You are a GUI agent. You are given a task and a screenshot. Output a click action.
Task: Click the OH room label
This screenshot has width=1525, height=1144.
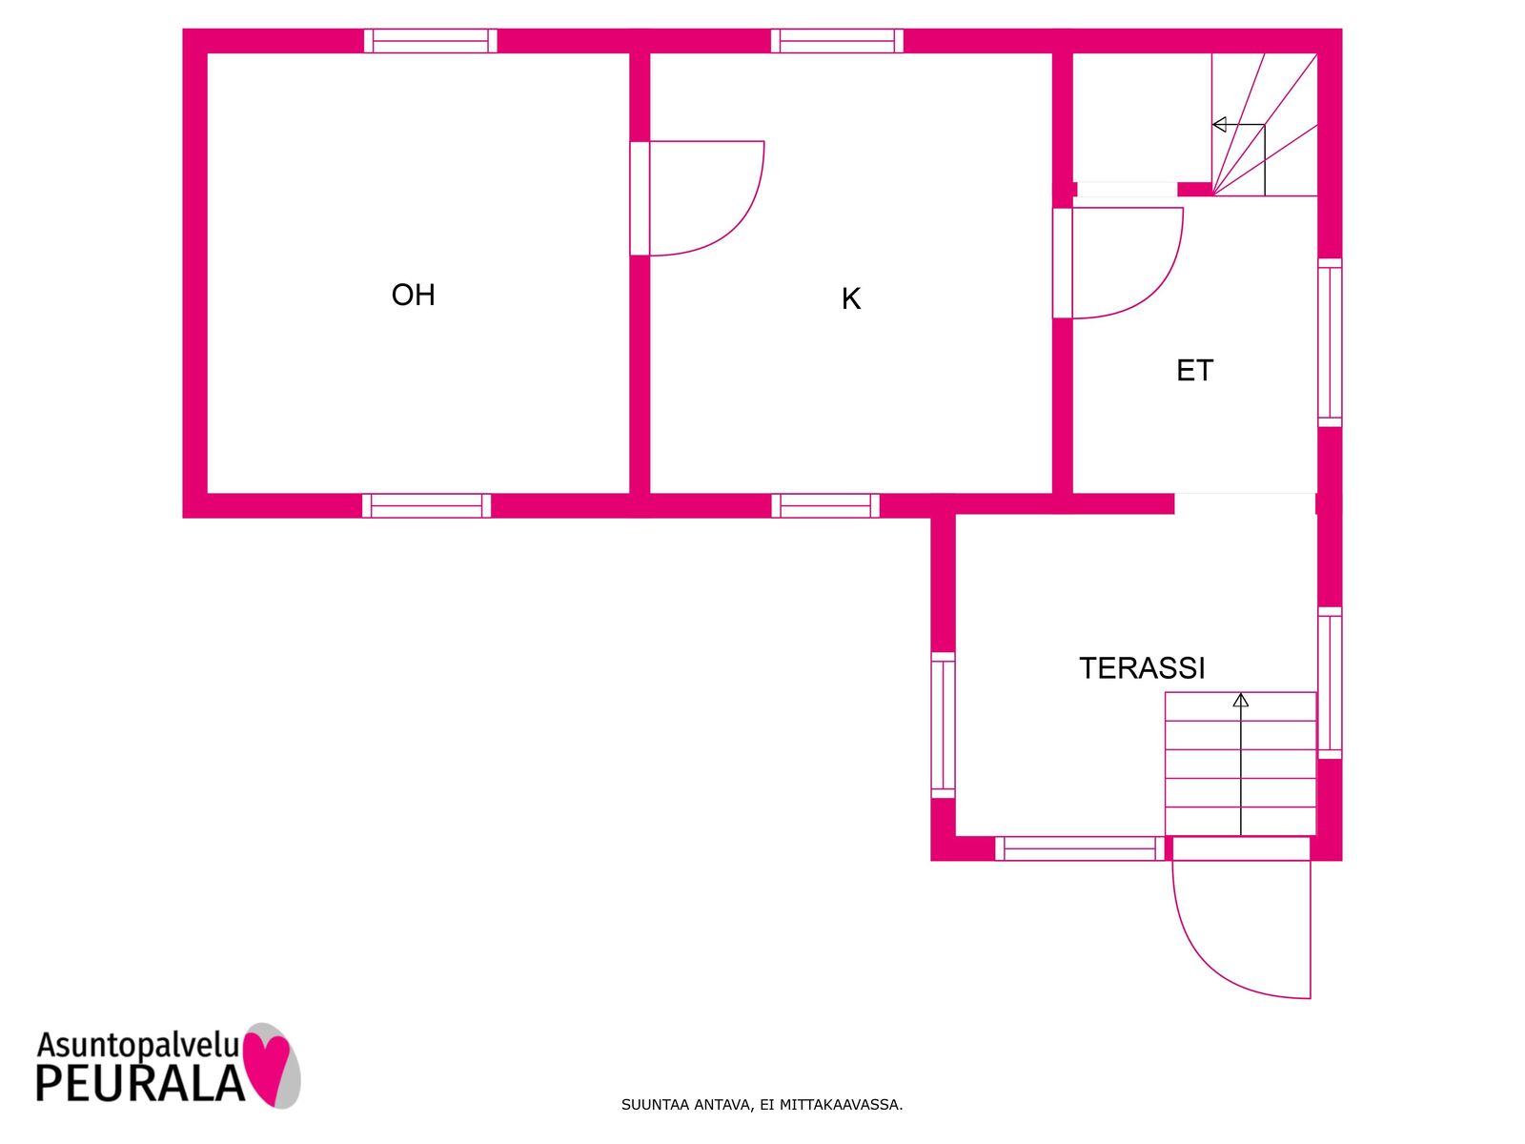413,295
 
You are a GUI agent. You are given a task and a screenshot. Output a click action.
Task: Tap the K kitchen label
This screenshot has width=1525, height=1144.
850,298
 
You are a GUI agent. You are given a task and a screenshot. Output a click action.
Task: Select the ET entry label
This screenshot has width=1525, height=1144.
1194,370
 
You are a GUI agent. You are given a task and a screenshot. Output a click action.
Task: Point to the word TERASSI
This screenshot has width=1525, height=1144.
1142,667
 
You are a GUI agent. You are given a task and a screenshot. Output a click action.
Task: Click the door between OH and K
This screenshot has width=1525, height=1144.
697,198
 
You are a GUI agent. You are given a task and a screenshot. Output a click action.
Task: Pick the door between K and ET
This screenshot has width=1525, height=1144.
1118,263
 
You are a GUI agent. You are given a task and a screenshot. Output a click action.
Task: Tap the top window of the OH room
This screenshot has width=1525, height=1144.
430,41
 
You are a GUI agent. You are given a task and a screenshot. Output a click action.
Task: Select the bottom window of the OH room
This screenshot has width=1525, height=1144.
427,505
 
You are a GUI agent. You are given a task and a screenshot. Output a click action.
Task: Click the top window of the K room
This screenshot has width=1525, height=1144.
837,41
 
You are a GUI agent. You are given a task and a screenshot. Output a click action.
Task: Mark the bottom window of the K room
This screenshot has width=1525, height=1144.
825,505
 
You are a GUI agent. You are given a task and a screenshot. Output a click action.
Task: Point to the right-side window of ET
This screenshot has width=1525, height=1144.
1330,342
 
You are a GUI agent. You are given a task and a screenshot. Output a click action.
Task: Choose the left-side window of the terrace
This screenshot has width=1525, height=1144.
943,725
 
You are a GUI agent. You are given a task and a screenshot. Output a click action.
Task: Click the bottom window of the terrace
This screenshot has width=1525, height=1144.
1080,848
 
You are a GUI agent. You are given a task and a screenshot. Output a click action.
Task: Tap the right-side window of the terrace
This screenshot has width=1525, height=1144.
1330,683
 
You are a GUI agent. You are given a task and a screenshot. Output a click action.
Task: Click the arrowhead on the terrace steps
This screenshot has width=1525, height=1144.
1241,700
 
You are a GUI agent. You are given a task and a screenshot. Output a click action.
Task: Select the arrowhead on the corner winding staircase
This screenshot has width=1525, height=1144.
1219,125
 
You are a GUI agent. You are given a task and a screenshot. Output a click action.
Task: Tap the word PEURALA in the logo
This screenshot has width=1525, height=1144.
140,1083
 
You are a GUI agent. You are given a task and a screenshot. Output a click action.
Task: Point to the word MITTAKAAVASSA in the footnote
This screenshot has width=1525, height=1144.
841,1105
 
